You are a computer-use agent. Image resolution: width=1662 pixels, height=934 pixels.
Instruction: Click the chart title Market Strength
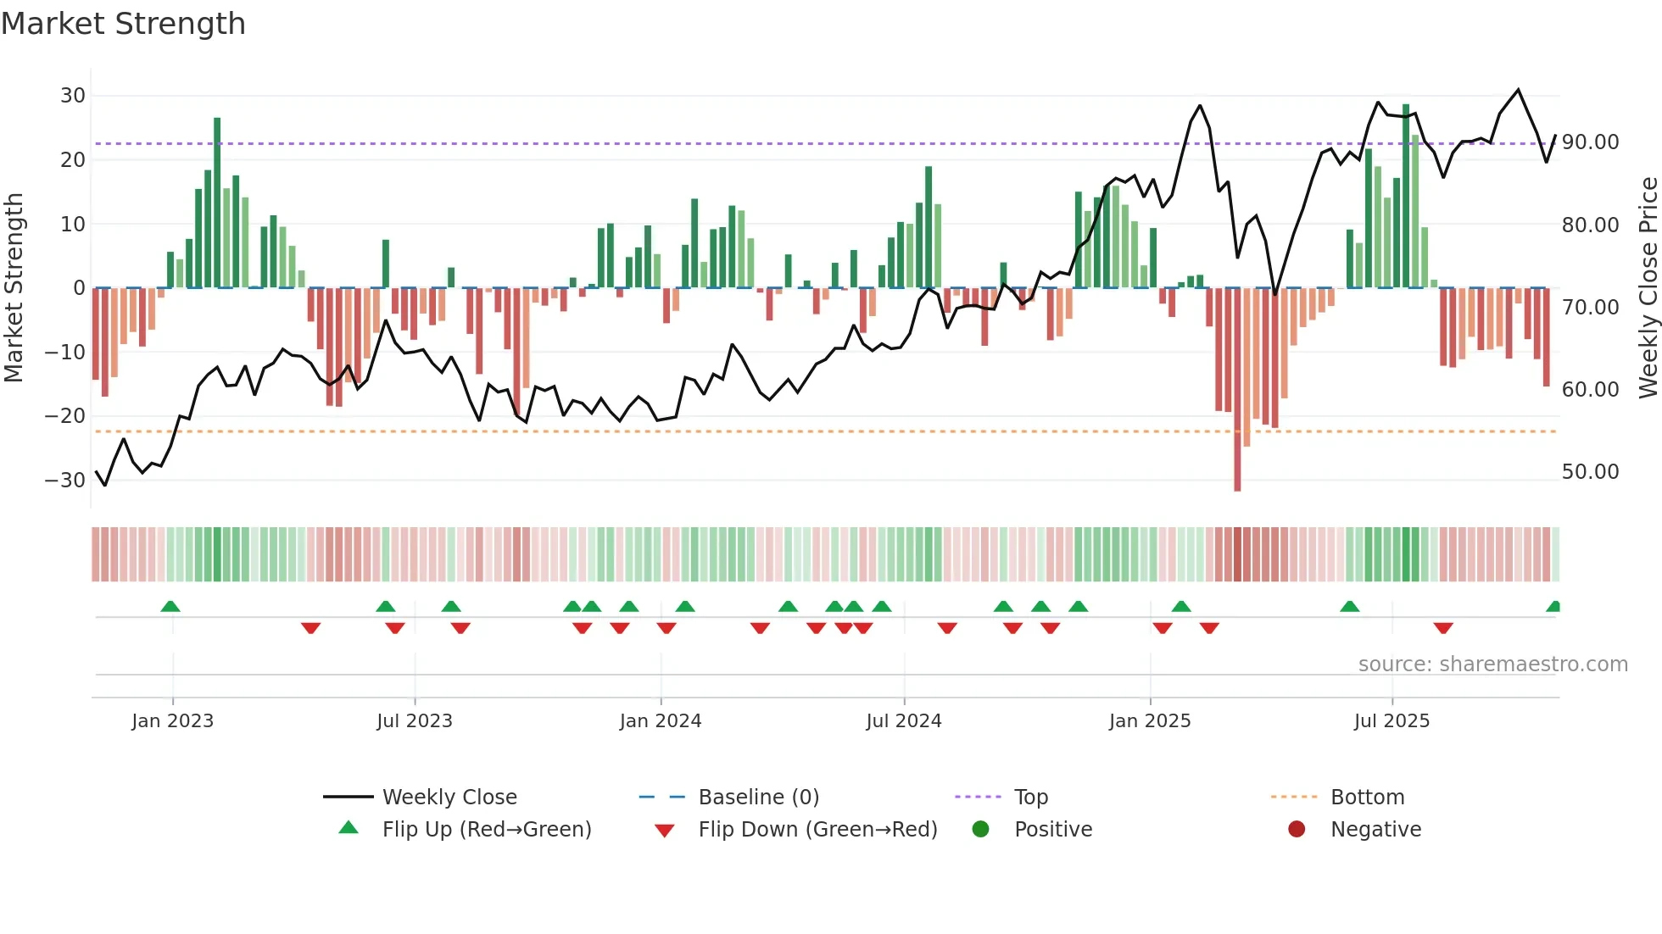point(123,24)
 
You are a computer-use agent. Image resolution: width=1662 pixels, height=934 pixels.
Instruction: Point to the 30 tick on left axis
point(73,96)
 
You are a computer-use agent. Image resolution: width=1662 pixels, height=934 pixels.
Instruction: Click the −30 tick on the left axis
point(65,481)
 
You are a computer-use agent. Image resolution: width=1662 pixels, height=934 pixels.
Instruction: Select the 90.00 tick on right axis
point(1590,142)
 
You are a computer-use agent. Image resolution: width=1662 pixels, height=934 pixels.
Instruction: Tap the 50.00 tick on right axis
point(1590,472)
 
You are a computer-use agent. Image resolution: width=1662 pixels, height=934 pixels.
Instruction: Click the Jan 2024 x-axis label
point(661,721)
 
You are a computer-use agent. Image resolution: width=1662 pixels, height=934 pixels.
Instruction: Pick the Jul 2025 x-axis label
point(1392,721)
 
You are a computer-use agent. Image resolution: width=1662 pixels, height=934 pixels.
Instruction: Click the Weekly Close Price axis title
point(1648,288)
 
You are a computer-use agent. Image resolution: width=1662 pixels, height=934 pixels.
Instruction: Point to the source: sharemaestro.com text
point(1492,664)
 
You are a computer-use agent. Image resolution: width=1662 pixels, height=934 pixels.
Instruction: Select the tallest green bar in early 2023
point(217,203)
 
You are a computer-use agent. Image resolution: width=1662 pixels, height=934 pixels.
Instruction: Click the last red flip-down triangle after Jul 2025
point(1443,628)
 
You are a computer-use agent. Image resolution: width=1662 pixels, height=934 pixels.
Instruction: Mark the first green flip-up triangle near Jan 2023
point(170,606)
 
